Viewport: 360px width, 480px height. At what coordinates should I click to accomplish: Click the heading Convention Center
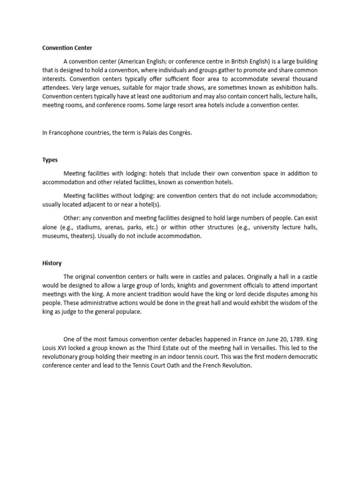[67, 48]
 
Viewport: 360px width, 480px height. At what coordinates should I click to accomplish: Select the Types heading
[50, 160]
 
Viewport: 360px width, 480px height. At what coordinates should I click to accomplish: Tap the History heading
[52, 263]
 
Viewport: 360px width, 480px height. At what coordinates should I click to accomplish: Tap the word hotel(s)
[153, 204]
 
